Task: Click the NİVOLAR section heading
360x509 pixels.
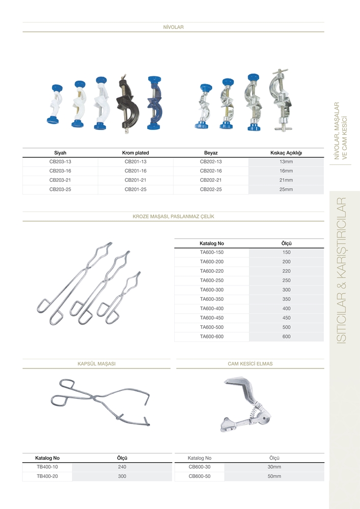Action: click(173, 27)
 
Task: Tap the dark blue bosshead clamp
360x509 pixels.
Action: click(154, 103)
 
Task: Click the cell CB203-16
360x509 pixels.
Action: click(60, 171)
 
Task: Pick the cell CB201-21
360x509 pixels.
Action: click(135, 180)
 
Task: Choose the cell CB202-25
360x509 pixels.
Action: click(211, 189)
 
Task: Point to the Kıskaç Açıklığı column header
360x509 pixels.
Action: click(286, 153)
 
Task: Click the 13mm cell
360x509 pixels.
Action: click(286, 162)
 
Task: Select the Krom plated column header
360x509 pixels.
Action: click(135, 153)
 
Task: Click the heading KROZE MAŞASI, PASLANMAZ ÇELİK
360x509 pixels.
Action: click(173, 216)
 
